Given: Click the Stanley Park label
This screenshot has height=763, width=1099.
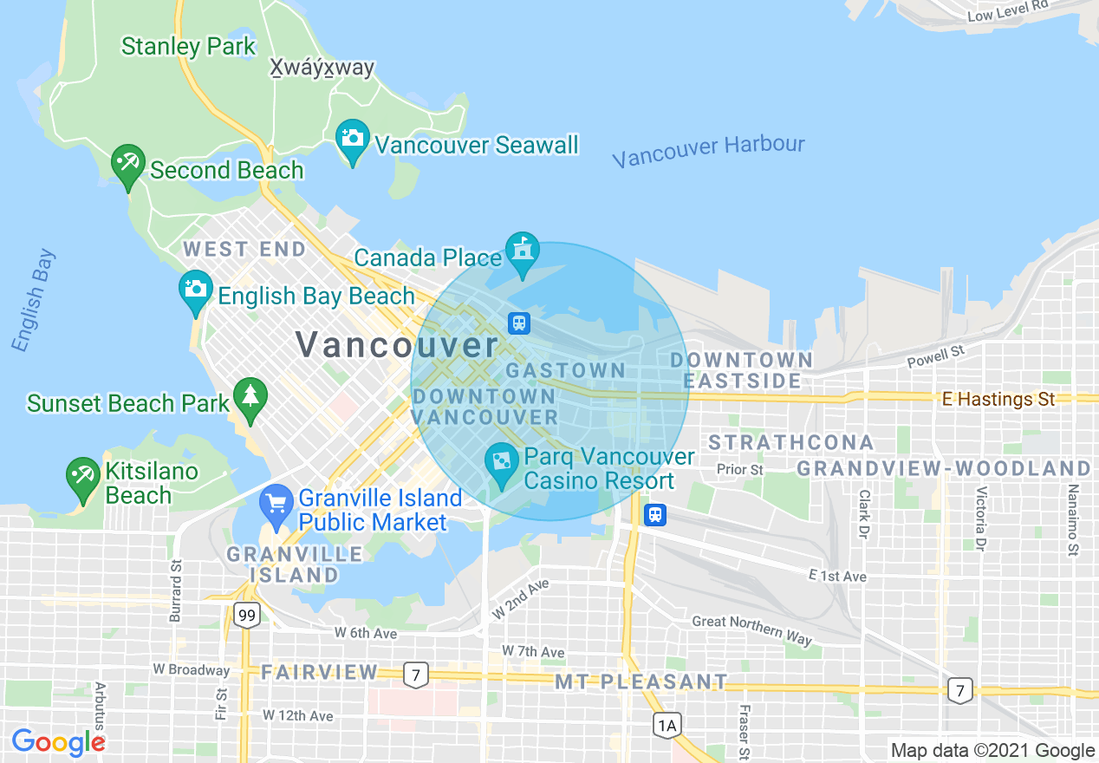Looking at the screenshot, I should [x=188, y=46].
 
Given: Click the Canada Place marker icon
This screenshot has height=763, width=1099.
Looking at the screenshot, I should [x=522, y=251].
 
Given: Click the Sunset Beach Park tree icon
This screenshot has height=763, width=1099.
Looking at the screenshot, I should [x=250, y=397].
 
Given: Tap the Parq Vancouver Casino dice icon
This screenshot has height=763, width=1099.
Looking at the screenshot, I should [x=501, y=463].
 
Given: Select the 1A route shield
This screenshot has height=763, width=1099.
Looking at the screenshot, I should [x=666, y=725].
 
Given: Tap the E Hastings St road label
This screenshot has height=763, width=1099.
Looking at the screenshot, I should [x=998, y=399].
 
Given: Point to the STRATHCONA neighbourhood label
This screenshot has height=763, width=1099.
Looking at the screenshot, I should [x=791, y=442].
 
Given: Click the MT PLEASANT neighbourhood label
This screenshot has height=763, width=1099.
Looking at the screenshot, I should [x=641, y=681].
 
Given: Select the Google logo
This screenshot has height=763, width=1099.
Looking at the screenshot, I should [x=57, y=742].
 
